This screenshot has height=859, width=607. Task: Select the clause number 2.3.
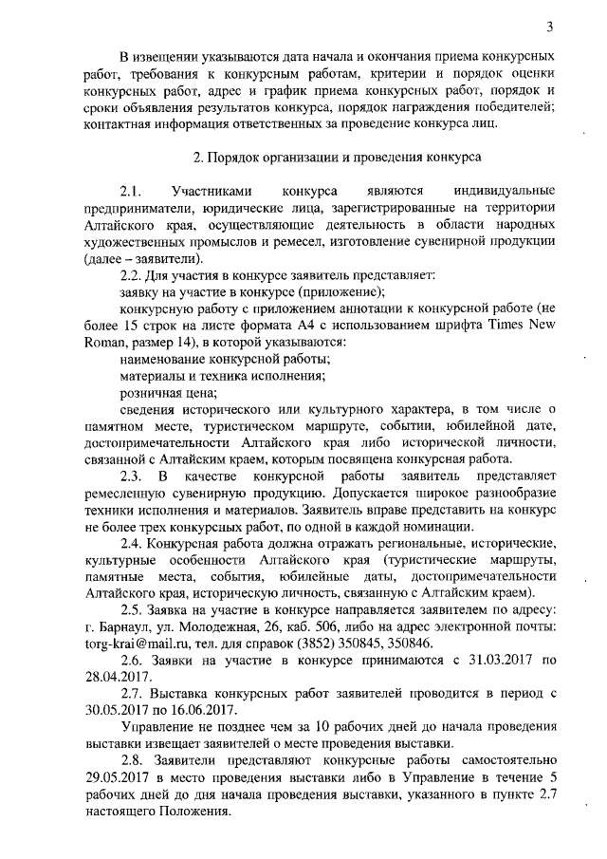point(131,475)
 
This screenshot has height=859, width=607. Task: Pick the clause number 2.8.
point(131,762)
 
